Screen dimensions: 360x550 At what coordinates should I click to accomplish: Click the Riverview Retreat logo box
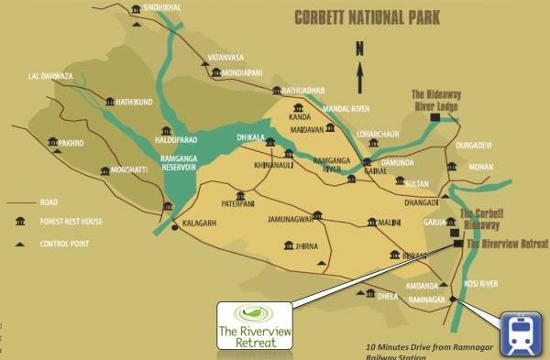254,325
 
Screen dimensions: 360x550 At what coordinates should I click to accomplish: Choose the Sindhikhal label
177,8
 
